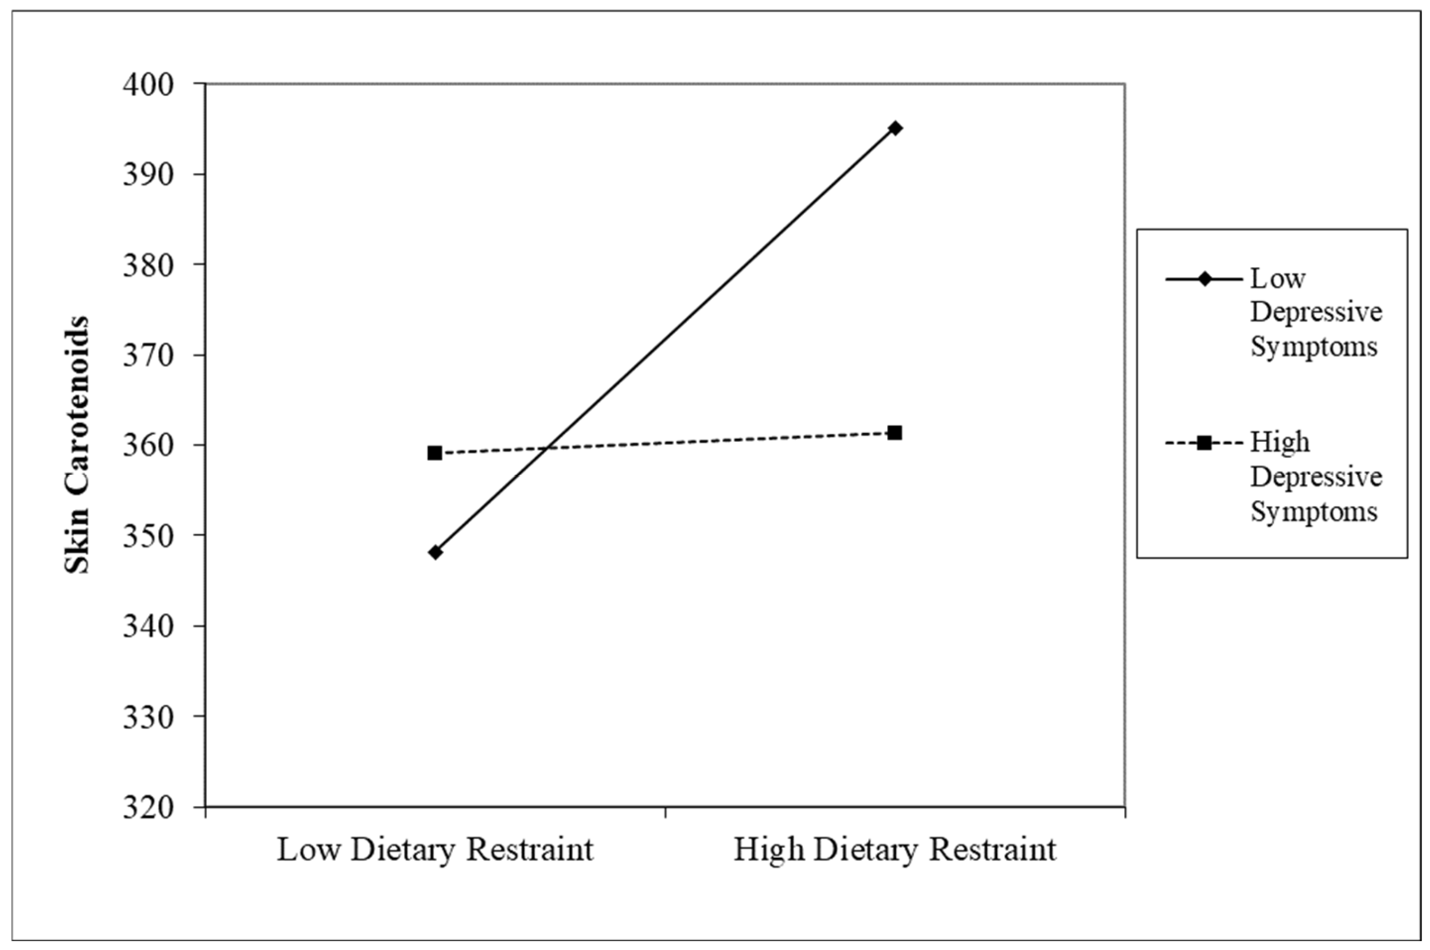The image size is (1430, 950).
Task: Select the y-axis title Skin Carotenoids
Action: coord(77,445)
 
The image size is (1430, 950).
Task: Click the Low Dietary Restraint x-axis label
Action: coord(435,850)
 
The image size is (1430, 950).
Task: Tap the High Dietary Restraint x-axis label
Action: coord(895,850)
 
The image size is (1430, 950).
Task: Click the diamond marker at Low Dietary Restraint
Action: coord(435,552)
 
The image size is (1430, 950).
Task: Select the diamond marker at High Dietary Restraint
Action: coord(895,129)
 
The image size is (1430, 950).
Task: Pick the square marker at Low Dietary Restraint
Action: coord(435,453)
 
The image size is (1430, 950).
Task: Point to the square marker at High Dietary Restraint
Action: coord(895,433)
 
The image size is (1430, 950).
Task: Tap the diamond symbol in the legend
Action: coord(1204,279)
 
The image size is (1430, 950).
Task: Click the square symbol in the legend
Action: coord(1204,443)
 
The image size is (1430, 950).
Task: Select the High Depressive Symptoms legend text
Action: coord(1316,477)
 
